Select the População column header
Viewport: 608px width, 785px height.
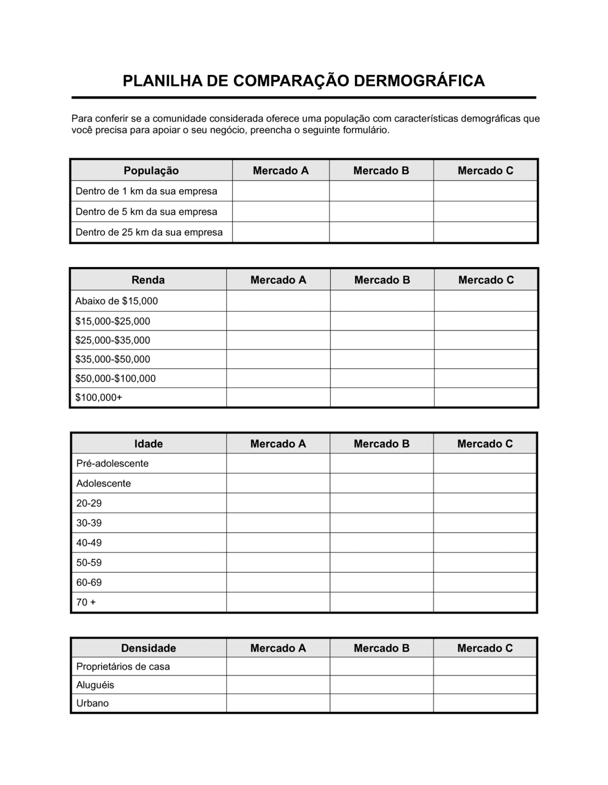(151, 171)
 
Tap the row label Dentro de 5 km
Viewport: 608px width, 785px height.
(146, 212)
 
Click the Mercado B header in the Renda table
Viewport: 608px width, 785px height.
(382, 280)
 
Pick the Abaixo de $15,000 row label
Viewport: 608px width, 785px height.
(116, 301)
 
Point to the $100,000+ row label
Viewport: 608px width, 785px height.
(98, 397)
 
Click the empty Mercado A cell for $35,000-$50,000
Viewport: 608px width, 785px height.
(278, 359)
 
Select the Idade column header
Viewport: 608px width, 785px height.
(148, 444)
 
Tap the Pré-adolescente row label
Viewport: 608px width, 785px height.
(112, 464)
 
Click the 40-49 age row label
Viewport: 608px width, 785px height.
(89, 543)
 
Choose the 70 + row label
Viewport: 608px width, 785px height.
(86, 602)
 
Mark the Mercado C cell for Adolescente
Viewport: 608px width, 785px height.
(485, 483)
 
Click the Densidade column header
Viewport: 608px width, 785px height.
(148, 648)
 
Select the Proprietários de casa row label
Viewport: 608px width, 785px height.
(123, 666)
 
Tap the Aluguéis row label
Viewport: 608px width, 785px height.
(95, 685)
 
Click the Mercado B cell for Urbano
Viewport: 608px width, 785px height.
(381, 703)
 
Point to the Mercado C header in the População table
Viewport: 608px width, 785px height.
(485, 171)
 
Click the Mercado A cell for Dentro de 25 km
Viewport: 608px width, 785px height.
(280, 232)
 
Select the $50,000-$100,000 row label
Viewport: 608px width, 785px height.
(115, 379)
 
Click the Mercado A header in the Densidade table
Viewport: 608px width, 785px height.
(278, 648)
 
